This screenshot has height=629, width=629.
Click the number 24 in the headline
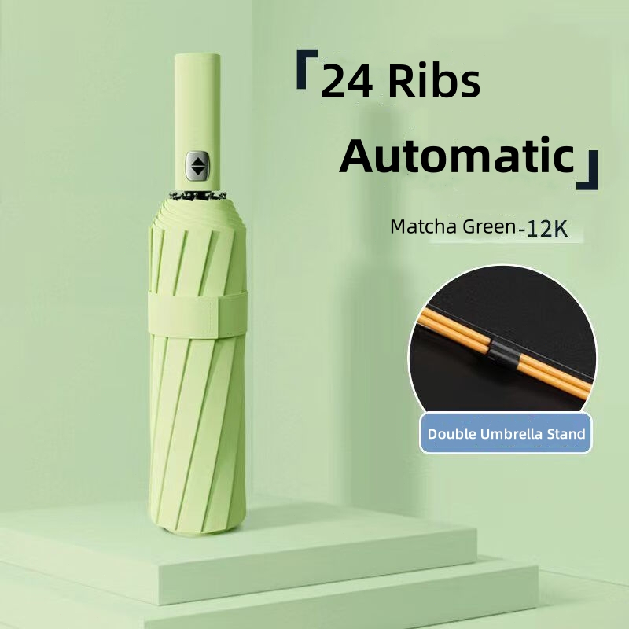(347, 83)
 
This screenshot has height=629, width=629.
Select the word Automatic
(457, 155)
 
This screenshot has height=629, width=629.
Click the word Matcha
(425, 226)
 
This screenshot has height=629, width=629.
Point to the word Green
(489, 227)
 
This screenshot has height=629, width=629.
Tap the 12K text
(547, 230)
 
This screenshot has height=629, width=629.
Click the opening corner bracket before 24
(307, 69)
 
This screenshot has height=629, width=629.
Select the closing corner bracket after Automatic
(587, 170)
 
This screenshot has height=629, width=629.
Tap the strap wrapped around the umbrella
(197, 314)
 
